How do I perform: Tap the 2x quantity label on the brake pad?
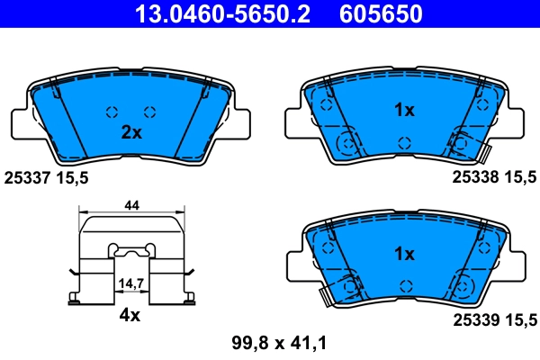click(x=131, y=133)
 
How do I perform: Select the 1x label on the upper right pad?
click(x=404, y=111)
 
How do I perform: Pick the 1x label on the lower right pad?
click(x=404, y=255)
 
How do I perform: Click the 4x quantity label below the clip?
click(x=131, y=315)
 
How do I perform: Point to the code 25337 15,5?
click(x=47, y=178)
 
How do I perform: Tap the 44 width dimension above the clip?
click(x=131, y=206)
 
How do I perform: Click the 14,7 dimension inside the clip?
click(x=131, y=283)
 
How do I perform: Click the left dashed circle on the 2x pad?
click(x=112, y=112)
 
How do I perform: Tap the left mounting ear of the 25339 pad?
click(x=295, y=265)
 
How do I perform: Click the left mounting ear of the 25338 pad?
click(x=295, y=121)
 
